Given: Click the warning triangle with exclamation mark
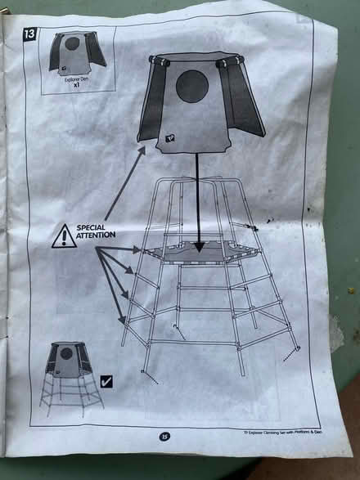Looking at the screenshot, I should [63, 237].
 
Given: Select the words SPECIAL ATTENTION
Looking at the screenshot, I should [96, 231].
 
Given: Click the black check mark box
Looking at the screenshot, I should [106, 381].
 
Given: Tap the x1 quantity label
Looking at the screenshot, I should [74, 85].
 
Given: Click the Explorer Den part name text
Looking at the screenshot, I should [74, 79].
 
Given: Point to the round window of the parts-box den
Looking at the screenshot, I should [73, 43].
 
